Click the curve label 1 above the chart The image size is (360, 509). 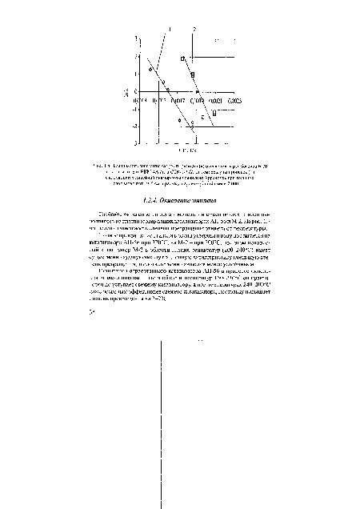tap(169, 29)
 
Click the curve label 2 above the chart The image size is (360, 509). tap(195, 29)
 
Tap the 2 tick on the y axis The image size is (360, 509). tap(135, 55)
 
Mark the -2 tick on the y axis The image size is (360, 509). tap(134, 126)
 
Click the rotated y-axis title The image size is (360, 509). tap(122, 93)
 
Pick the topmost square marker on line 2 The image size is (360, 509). tap(182, 59)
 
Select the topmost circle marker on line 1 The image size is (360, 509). tap(150, 72)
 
